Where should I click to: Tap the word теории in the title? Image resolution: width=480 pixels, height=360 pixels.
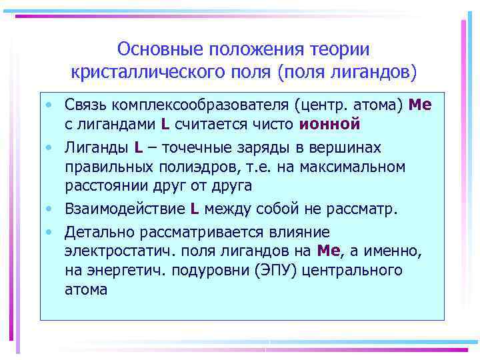click(340, 49)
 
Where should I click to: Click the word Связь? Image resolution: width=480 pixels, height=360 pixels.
click(87, 105)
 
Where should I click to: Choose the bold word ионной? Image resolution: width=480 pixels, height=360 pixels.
click(330, 123)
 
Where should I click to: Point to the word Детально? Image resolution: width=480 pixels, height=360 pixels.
click(94, 232)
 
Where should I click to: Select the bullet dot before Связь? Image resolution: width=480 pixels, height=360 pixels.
click(50, 105)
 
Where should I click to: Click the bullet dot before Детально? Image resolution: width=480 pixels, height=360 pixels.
click(50, 233)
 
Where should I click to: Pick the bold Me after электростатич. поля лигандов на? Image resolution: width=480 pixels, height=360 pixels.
click(329, 251)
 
